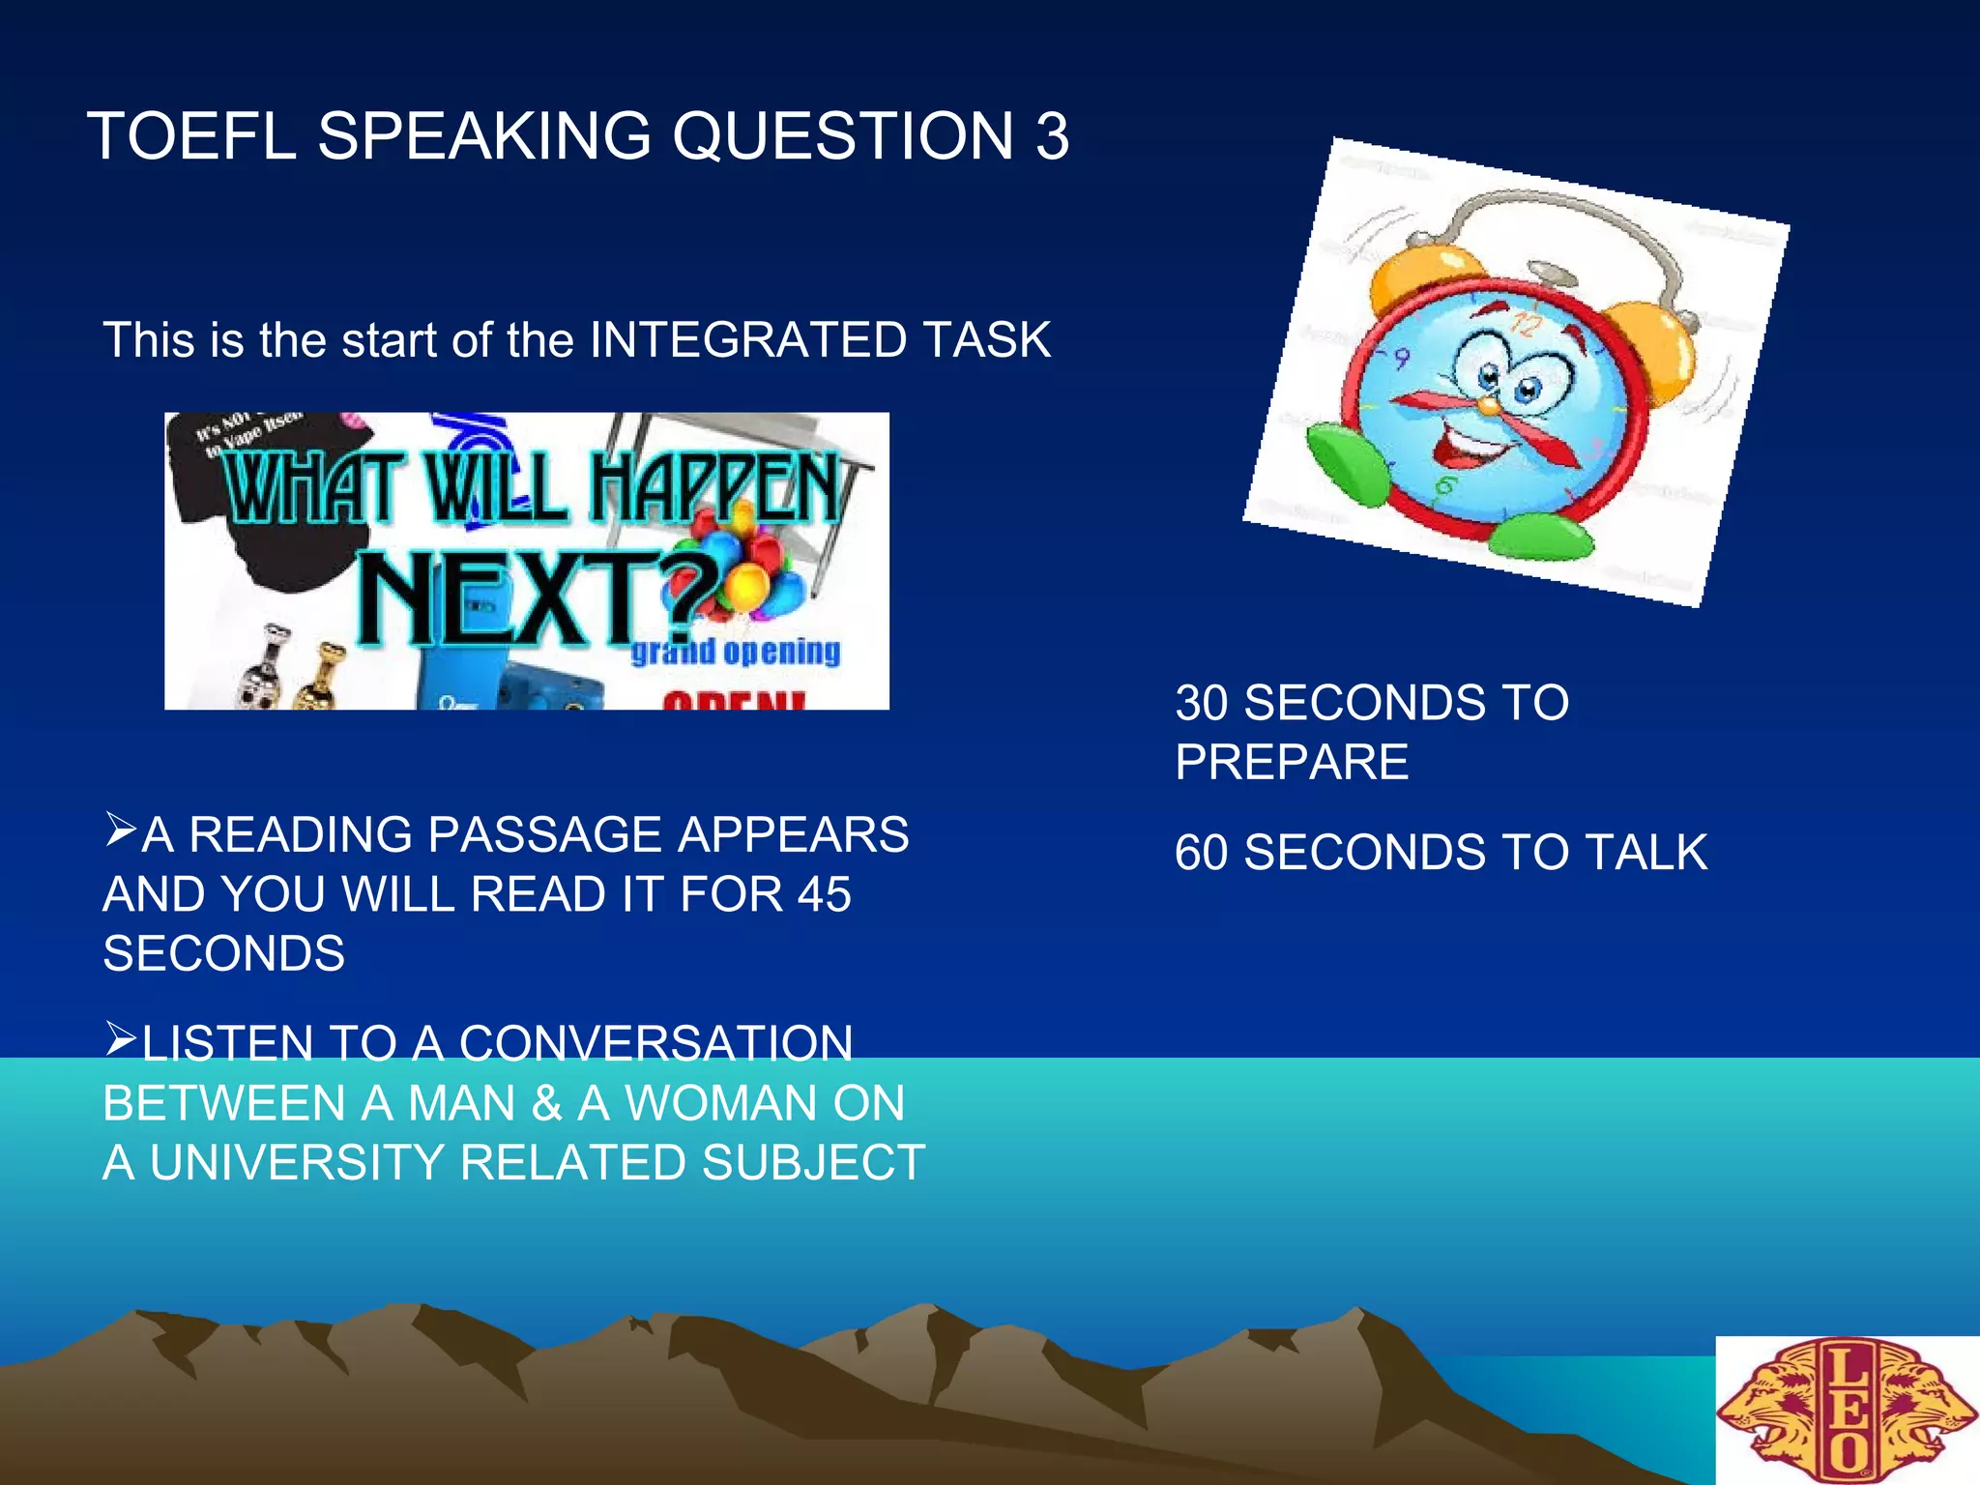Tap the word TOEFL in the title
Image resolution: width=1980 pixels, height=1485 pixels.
click(190, 135)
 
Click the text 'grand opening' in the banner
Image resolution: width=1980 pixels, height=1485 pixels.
click(735, 652)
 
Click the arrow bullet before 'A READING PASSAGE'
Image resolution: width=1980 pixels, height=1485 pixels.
click(121, 830)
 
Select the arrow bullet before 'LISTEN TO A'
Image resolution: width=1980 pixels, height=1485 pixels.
click(121, 1038)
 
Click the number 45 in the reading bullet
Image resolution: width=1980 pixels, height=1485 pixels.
click(823, 894)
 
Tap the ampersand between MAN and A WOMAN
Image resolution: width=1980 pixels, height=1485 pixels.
click(546, 1104)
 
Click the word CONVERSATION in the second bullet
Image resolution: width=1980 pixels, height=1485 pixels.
click(655, 1044)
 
